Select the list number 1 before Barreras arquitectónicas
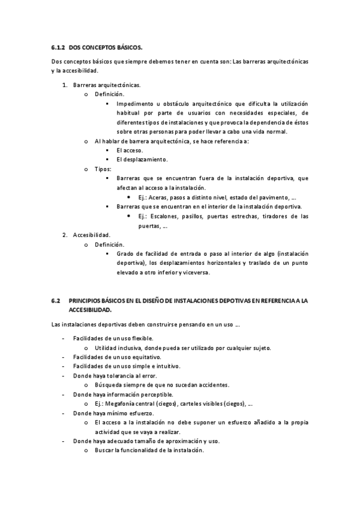coord(65,85)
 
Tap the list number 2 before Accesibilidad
coord(65,235)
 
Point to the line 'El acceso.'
coord(130,150)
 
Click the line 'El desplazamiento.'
coord(142,160)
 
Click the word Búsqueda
coord(109,385)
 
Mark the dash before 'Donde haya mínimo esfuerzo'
coord(64,413)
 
